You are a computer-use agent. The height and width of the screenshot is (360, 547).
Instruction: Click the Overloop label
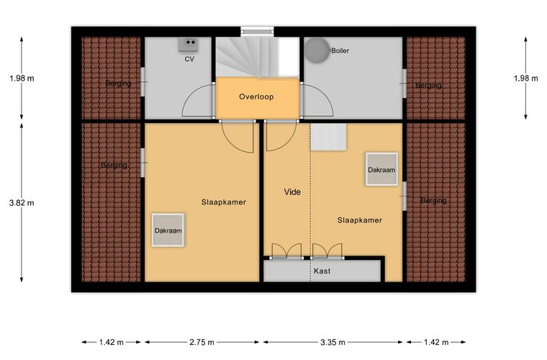pos(256,96)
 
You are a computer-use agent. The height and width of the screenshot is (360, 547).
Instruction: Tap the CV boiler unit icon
pos(189,45)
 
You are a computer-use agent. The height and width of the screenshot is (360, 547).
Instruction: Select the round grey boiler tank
pos(317,50)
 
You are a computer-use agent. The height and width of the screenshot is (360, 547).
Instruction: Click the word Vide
pos(292,192)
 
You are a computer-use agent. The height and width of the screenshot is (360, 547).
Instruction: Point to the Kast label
pos(322,271)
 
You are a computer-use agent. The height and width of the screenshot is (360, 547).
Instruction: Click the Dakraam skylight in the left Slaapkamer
pos(168,230)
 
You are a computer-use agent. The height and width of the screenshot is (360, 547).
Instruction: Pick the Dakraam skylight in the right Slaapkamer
pos(381,169)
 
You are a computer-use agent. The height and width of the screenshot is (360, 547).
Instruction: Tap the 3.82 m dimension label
pos(22,202)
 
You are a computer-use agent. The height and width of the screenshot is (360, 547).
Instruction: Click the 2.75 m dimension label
pos(202,342)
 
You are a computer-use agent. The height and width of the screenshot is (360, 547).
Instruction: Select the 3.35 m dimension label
pos(333,342)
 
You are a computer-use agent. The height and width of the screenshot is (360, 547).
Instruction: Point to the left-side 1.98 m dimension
pos(22,78)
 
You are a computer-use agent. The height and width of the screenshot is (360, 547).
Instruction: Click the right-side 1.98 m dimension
pos(525,78)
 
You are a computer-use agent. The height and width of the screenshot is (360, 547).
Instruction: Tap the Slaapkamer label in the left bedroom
pos(224,202)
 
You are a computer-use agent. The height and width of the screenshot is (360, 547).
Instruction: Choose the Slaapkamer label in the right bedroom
pos(360,220)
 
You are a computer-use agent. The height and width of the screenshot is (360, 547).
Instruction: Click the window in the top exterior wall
pos(257,31)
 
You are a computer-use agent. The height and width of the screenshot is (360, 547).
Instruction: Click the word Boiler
pos(340,50)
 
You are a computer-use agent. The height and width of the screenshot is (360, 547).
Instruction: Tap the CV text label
pos(189,59)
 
